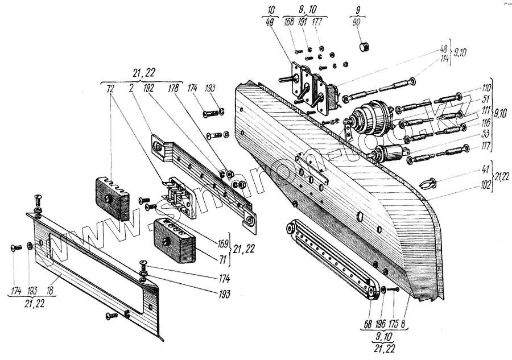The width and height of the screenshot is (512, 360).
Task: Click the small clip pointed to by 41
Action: coord(428,183)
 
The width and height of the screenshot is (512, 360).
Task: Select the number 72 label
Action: coord(110,90)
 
